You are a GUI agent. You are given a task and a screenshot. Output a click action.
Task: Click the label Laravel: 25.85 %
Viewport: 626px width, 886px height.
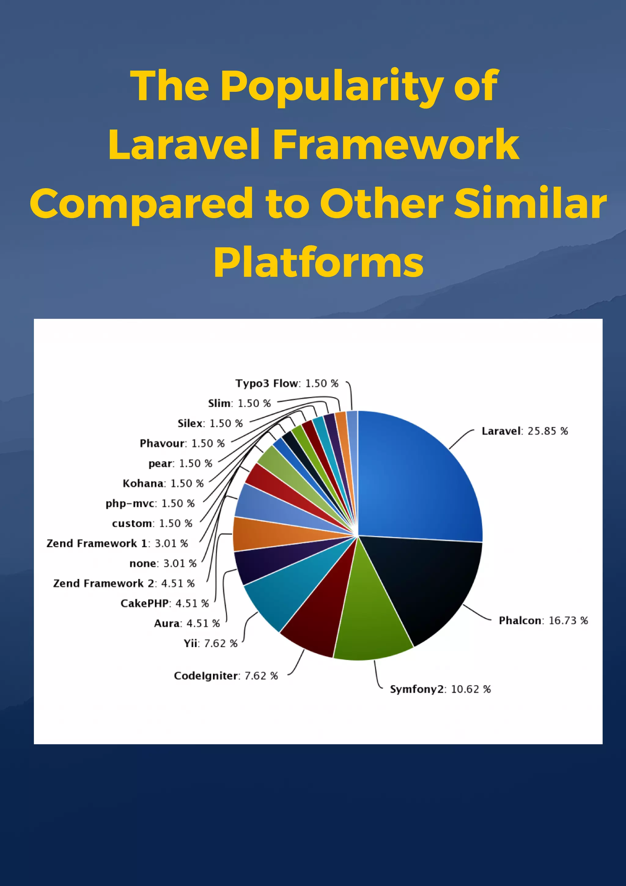click(525, 431)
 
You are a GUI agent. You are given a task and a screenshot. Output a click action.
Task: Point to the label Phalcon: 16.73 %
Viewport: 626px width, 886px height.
click(543, 621)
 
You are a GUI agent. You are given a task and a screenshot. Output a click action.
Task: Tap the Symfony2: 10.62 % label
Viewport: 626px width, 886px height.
click(440, 689)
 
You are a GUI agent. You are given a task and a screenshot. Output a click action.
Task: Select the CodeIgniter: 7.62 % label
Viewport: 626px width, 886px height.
click(226, 676)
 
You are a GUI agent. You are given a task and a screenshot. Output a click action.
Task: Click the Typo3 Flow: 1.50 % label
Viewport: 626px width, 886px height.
click(287, 383)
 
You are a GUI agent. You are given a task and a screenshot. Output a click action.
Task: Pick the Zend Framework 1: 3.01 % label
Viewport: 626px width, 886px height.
click(117, 543)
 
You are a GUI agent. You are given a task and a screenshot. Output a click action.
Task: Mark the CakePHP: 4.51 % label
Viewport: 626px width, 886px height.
click(164, 603)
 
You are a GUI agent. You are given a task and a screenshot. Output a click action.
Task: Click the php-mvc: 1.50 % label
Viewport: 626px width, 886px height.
click(150, 503)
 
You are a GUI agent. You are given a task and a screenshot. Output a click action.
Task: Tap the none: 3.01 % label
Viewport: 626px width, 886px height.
click(163, 563)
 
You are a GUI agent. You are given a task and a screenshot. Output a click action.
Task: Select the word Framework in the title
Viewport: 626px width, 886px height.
click(396, 145)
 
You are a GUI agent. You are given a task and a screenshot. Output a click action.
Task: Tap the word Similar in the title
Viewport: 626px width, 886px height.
click(530, 203)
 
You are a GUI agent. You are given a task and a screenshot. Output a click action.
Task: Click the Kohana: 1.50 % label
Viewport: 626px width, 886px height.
click(163, 483)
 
